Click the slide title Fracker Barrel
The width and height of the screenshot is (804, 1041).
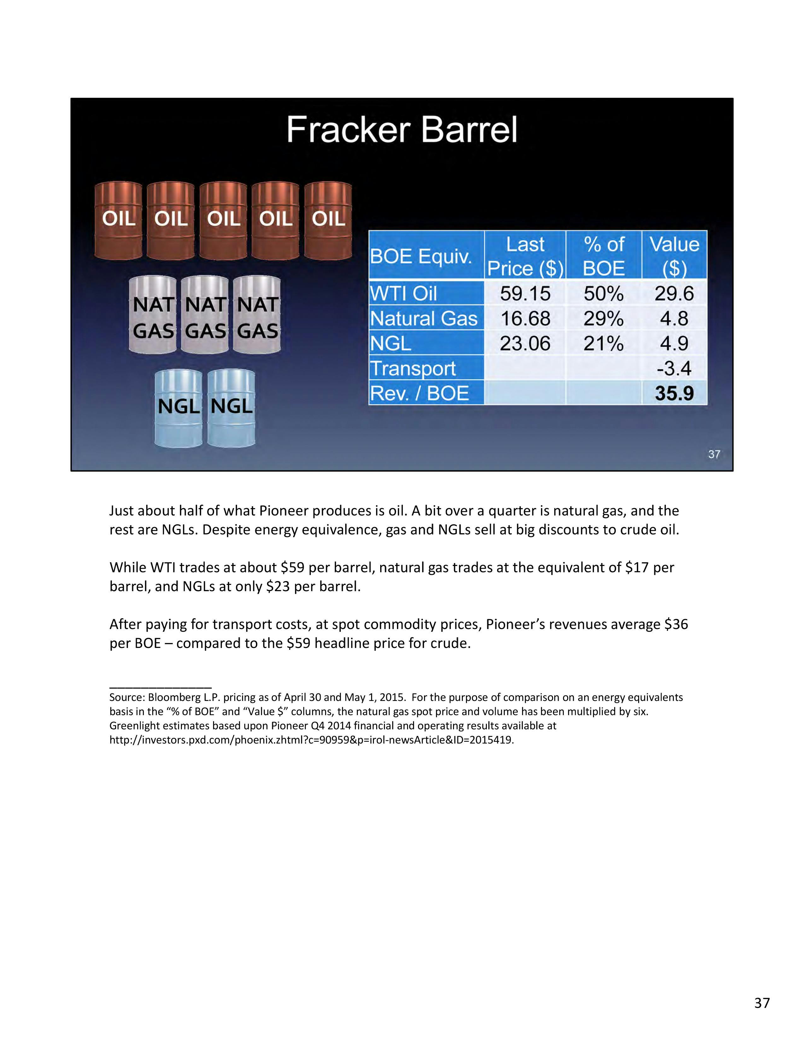point(401,130)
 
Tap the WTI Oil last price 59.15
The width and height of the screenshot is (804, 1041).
point(525,293)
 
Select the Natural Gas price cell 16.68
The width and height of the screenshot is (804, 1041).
point(525,318)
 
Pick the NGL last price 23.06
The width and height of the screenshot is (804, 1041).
point(525,343)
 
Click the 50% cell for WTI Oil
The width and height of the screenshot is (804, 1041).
point(603,293)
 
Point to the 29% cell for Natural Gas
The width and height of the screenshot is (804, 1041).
point(603,318)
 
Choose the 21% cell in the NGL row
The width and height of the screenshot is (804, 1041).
point(603,343)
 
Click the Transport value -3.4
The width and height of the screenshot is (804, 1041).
point(674,368)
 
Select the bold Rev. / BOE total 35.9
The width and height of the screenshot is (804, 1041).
point(674,393)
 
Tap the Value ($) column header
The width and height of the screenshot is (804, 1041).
point(674,256)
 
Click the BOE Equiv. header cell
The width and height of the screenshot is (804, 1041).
point(421,256)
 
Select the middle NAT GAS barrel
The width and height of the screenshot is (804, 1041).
point(205,315)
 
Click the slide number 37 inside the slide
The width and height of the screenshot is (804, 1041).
point(714,454)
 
